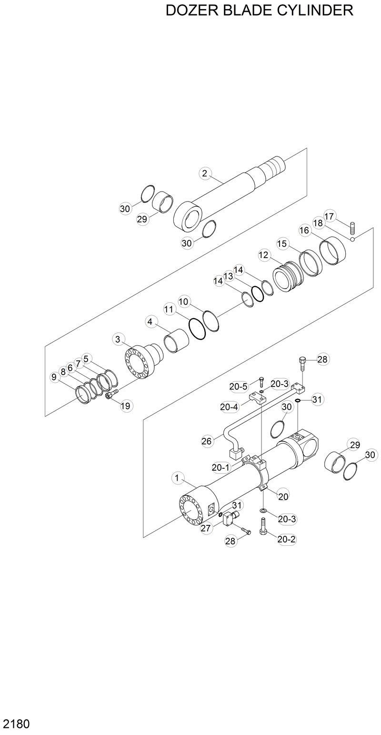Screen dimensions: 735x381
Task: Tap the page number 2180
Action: [17, 724]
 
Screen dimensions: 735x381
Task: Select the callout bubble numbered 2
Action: [205, 174]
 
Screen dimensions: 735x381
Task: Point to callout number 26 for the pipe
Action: [206, 441]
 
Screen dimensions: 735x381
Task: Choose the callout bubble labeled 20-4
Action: [229, 406]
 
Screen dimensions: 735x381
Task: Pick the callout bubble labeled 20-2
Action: [287, 539]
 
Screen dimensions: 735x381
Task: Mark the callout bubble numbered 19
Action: [126, 406]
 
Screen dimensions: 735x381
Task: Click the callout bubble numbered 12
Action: [264, 255]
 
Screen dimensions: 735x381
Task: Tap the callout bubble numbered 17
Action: [330, 216]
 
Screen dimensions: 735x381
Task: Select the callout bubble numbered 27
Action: [206, 528]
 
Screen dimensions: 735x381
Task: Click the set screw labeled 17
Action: [353, 228]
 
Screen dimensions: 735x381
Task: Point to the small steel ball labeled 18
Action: [352, 240]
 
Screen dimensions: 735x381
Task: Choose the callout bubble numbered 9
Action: [54, 377]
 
